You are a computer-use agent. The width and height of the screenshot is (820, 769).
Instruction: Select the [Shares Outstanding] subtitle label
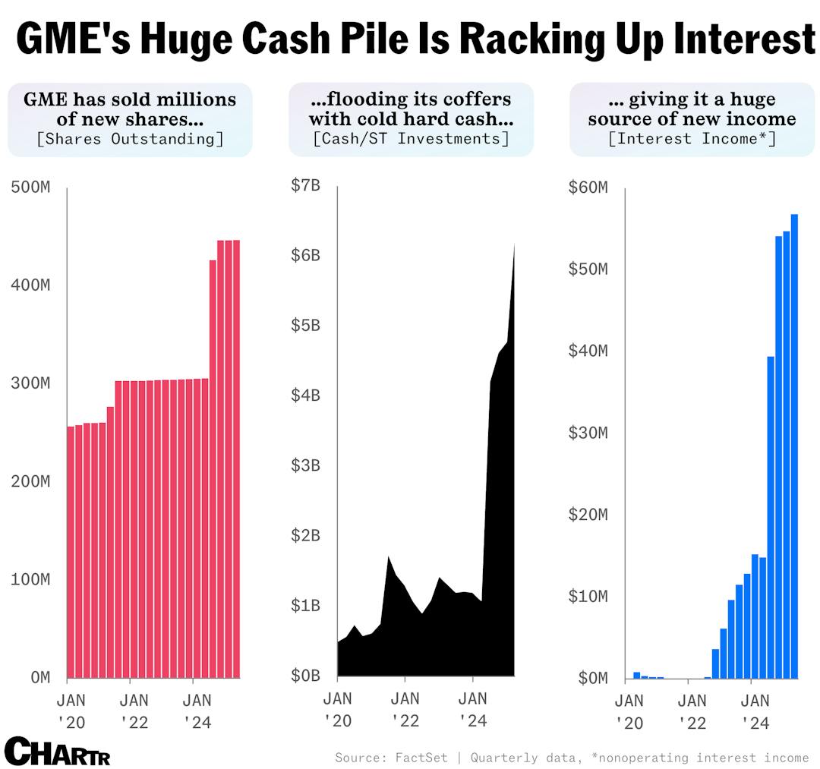(x=129, y=139)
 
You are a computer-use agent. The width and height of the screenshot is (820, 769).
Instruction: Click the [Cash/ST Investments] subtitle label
(x=411, y=139)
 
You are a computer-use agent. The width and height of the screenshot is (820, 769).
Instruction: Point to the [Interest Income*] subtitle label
(x=692, y=139)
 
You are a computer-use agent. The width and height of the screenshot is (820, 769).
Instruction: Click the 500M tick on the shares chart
(x=31, y=188)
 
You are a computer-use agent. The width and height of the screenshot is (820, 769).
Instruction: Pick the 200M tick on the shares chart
(x=31, y=481)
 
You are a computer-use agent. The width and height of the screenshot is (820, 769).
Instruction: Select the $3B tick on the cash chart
(x=305, y=465)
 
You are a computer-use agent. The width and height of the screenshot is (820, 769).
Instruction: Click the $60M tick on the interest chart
(x=588, y=188)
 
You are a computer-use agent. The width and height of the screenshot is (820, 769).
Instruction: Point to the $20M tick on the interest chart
(x=588, y=515)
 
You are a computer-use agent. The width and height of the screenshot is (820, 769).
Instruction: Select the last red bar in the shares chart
(x=236, y=459)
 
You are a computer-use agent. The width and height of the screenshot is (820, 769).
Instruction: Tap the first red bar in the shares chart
(x=71, y=551)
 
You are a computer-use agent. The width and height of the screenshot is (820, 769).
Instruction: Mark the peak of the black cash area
(x=514, y=246)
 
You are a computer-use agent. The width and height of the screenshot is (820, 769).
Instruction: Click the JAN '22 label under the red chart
(x=134, y=709)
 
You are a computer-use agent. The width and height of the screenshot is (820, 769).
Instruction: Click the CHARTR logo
(x=57, y=751)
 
